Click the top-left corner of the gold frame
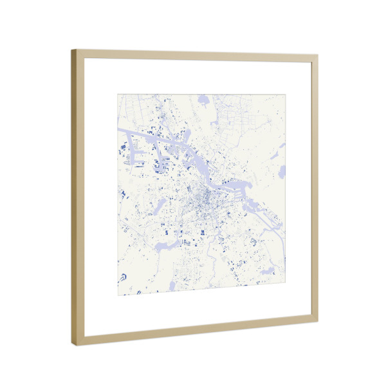[72, 50]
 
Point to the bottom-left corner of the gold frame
[72, 345]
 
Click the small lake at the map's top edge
[203, 100]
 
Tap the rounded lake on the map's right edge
[282, 171]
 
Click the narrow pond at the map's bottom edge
[172, 285]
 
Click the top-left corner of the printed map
[118, 95]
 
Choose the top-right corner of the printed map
[286, 95]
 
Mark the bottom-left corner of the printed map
[118, 295]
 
